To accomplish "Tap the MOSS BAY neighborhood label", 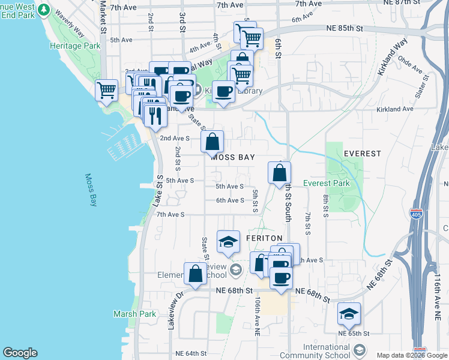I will tap(233, 157).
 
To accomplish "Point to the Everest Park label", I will tap(326, 183).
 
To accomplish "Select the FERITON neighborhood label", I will tap(264, 238).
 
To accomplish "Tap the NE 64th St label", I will tap(190, 353).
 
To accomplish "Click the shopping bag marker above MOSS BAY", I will tap(212, 143).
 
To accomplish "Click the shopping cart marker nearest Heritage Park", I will tap(106, 91).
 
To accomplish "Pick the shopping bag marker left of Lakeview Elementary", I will tap(196, 275).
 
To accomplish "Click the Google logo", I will tap(20, 353).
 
